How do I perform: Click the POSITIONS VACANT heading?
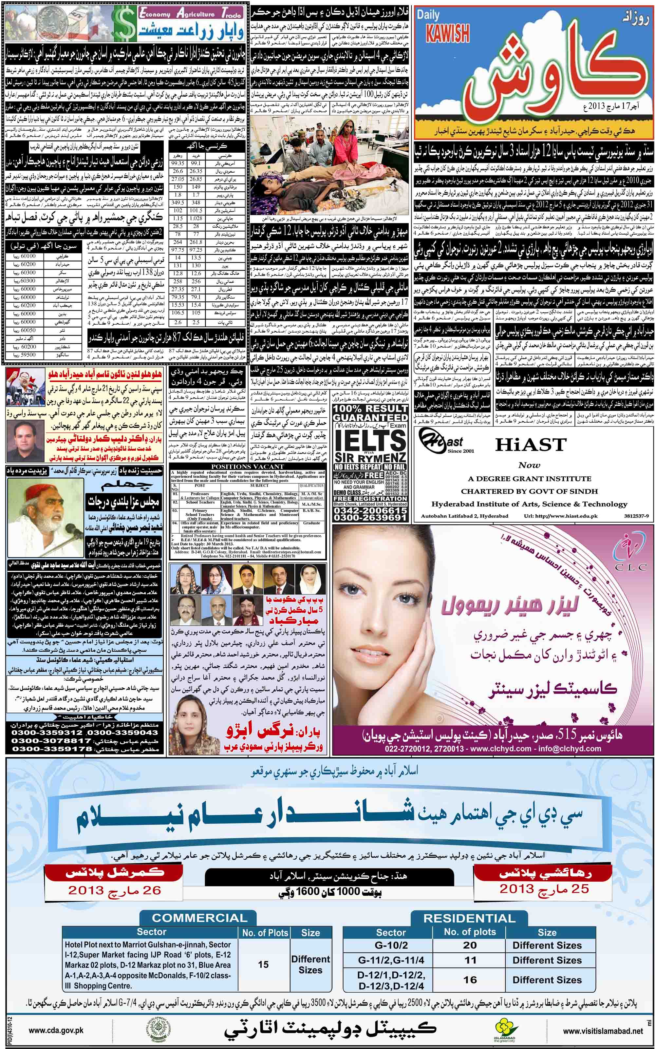pos(247,466)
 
